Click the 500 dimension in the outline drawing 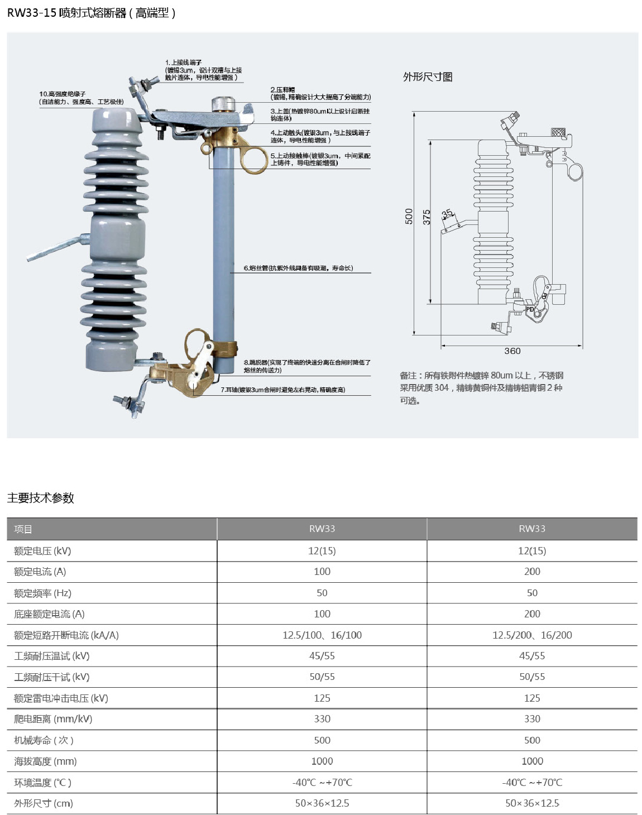pos(409,216)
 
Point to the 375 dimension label pos(427,217)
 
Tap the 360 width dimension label pos(512,351)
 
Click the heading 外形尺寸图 pos(428,77)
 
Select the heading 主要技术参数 pos(41,498)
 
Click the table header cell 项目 pos(23,529)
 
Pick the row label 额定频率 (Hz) pos(42,593)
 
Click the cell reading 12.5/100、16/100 pos(322,635)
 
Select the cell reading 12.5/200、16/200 pos(532,635)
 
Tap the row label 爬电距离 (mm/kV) pos(53,719)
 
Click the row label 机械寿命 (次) pos(44,740)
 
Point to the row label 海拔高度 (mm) pos(45,761)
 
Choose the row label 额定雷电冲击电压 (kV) pos(61,698)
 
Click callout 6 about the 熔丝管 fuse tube pos(298,268)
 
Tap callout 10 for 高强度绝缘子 pos(82,98)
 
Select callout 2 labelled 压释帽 pos(320,93)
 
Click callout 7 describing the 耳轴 pos(282,390)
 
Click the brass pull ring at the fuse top pos(255,160)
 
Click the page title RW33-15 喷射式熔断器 pos(91,13)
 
